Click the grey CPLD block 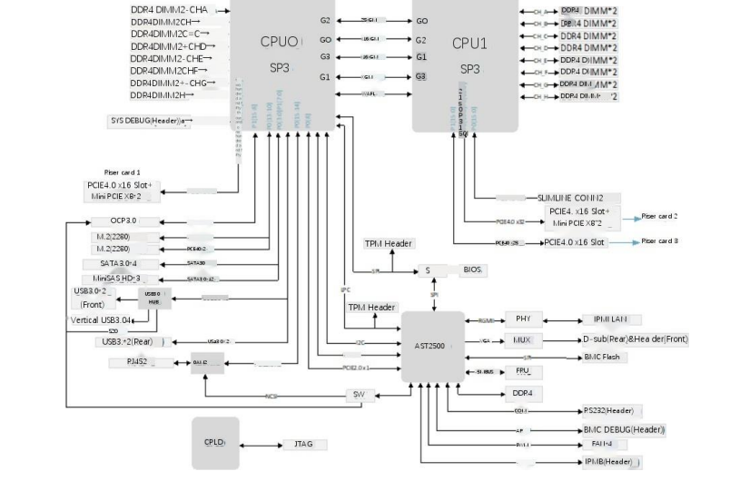[215, 442]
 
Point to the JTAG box [299, 445]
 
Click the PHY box [523, 319]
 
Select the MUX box [523, 340]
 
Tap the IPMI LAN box [610, 319]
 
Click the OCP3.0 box [123, 221]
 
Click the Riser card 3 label [660, 241]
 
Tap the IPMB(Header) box [612, 462]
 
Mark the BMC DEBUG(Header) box [624, 428]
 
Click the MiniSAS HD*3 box [123, 279]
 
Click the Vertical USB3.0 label [101, 320]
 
